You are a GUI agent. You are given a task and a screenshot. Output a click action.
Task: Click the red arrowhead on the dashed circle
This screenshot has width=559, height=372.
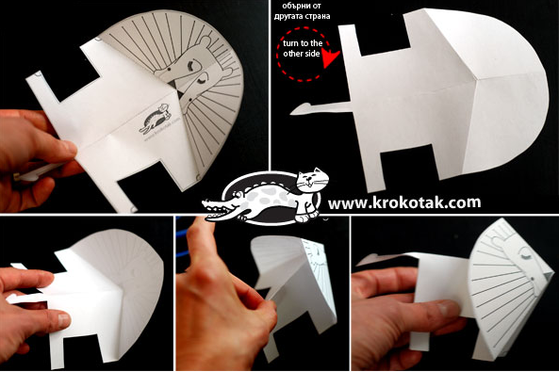(331, 59)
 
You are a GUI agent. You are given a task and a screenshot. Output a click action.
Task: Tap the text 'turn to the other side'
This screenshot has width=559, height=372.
(303, 48)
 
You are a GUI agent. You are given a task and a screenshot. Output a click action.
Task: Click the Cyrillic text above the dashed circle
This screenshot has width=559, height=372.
(302, 11)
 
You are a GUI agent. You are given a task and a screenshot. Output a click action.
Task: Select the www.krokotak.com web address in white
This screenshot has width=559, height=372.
(404, 202)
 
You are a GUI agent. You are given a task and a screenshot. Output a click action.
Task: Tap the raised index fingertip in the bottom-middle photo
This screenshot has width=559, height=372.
(196, 222)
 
